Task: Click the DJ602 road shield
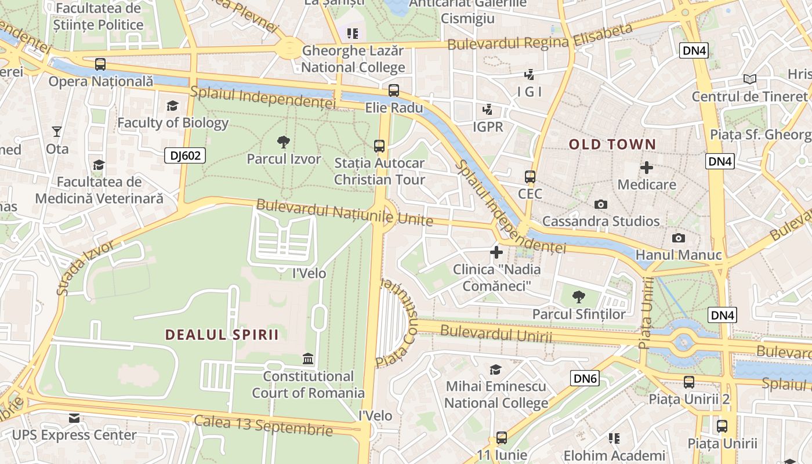pos(185,155)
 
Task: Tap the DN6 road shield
pos(585,379)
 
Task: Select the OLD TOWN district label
pos(612,144)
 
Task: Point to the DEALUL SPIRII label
pos(222,335)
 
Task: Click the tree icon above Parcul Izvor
pos(284,142)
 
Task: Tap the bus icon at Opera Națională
pos(100,64)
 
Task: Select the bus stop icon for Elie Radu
pos(394,90)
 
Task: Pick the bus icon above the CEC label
pos(530,177)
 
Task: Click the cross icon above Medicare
pos(646,168)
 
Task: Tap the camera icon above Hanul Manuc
pos(678,238)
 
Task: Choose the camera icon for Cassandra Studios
pos(601,204)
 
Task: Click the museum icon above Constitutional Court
pos(308,359)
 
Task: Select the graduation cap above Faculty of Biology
pos(172,106)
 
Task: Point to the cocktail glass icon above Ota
pos(57,132)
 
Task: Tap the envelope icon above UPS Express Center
pos(74,418)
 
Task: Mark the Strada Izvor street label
pos(85,267)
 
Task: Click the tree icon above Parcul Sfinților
pos(578,297)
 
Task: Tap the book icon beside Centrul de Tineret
pos(749,79)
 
